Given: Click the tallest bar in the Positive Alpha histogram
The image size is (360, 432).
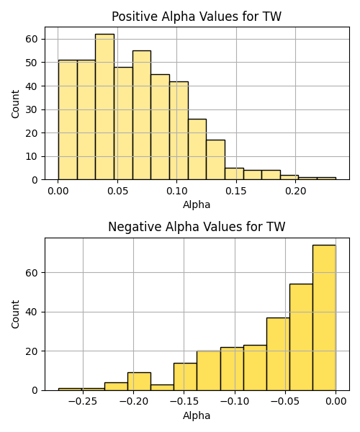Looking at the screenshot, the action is [x=104, y=107].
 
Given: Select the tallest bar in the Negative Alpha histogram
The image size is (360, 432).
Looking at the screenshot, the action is [x=324, y=318].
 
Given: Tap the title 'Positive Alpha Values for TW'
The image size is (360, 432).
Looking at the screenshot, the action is [x=197, y=17].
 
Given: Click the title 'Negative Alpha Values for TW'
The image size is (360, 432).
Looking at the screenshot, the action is [x=197, y=227].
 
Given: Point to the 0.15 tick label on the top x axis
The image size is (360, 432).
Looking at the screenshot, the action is [x=236, y=191].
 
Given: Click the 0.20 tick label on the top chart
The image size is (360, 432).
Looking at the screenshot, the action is [x=295, y=191].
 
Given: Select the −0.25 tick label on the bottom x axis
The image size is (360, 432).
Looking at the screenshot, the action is [x=83, y=402].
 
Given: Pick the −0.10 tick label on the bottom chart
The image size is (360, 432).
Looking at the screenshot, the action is [x=235, y=402].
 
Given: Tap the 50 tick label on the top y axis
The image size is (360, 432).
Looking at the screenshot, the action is [x=32, y=63].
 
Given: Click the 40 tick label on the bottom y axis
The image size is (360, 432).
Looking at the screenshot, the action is [x=32, y=312].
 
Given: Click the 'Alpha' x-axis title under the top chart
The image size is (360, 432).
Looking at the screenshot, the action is [x=197, y=204].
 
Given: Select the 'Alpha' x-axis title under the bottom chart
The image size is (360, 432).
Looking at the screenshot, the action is [x=197, y=415].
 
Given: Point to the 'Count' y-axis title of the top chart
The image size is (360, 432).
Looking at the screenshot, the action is [x=15, y=104].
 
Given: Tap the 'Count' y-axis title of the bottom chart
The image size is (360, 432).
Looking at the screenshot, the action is [x=15, y=315].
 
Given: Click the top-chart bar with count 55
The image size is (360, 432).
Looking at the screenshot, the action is [x=142, y=115].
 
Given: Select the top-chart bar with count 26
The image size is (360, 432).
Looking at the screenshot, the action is [x=197, y=149].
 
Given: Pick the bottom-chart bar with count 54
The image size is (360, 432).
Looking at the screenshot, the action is [x=301, y=337].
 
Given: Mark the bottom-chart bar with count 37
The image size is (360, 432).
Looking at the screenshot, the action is [x=278, y=354].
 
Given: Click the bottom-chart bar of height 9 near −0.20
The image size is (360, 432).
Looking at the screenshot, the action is [x=139, y=382].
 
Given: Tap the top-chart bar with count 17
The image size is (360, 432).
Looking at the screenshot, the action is [x=216, y=160].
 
